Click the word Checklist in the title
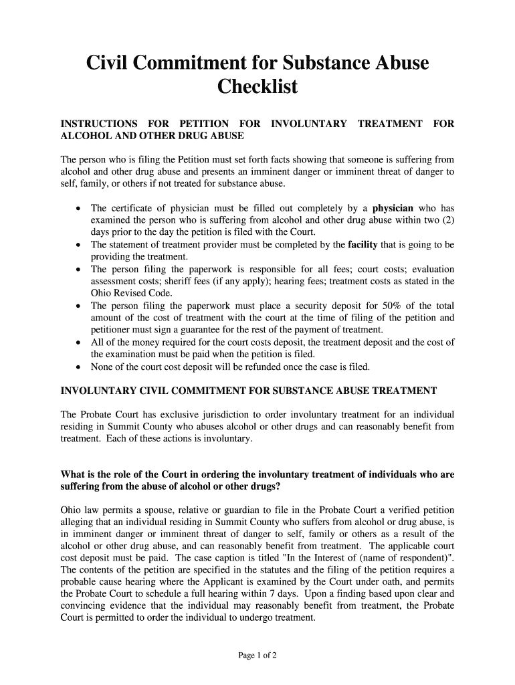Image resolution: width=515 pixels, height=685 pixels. click(x=257, y=87)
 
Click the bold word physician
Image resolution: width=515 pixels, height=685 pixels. click(x=393, y=208)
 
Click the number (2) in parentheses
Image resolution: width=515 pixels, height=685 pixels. click(x=447, y=220)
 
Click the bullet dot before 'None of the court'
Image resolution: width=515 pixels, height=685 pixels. click(x=80, y=367)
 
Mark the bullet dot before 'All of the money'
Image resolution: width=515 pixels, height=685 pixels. click(x=80, y=342)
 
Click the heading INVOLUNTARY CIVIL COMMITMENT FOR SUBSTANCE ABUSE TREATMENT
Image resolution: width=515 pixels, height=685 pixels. click(x=249, y=391)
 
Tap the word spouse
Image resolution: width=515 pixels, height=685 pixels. click(x=145, y=510)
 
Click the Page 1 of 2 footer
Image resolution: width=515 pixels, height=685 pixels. click(x=257, y=656)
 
